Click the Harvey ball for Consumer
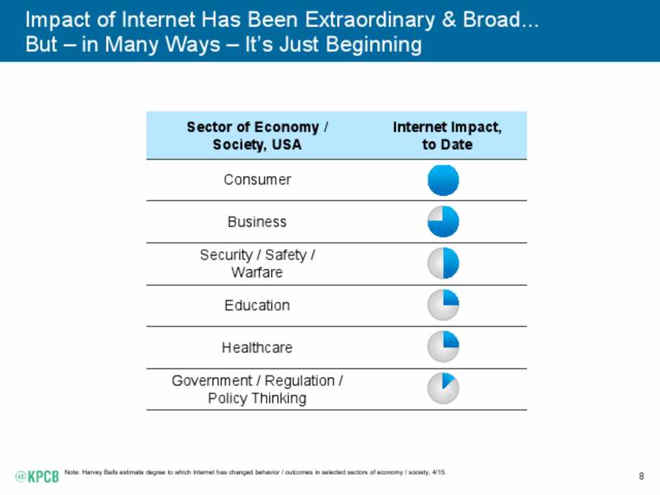click(x=443, y=181)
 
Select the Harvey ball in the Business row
click(x=443, y=222)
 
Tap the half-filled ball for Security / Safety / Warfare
click(x=443, y=264)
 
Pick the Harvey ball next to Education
click(x=443, y=305)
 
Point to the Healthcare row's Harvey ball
click(x=443, y=347)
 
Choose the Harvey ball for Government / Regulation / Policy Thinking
click(x=443, y=389)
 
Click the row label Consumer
click(x=257, y=180)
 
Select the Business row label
click(x=257, y=222)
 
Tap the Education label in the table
click(x=257, y=305)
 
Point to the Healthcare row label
click(x=257, y=348)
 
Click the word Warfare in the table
click(x=257, y=272)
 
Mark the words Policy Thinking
click(x=257, y=398)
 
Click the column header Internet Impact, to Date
click(x=447, y=135)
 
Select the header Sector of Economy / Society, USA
click(x=257, y=135)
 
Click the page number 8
click(x=641, y=476)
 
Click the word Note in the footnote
click(x=71, y=472)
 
